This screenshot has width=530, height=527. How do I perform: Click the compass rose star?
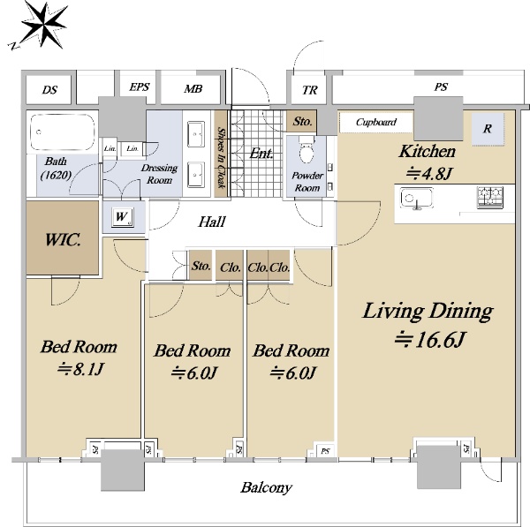(x=44, y=25)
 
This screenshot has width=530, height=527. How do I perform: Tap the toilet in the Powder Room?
(x=307, y=150)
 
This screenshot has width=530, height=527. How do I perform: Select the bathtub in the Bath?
(x=62, y=132)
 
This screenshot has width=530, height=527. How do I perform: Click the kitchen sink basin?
(x=416, y=198)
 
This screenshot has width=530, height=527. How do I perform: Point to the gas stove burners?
(x=489, y=197)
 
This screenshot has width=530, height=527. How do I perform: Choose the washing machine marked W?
(x=123, y=216)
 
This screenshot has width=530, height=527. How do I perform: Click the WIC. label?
(x=63, y=239)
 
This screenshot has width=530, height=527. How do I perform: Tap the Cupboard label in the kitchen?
(x=376, y=122)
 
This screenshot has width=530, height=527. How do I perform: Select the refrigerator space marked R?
(x=488, y=129)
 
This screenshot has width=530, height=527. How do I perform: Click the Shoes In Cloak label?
(x=222, y=157)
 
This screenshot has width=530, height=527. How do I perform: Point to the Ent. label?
(x=261, y=154)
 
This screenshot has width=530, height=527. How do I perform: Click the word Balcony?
(x=266, y=488)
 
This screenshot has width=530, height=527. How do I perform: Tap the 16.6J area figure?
(x=431, y=340)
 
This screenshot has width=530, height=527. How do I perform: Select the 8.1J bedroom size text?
(x=79, y=369)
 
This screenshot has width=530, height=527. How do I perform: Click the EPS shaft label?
(x=140, y=87)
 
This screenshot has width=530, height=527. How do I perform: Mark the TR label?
(x=310, y=90)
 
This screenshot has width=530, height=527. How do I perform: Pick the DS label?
(x=49, y=90)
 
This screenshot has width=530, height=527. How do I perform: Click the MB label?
(x=193, y=89)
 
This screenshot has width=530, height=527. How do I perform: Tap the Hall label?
(x=212, y=222)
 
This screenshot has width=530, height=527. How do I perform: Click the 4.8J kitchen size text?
(x=428, y=174)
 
